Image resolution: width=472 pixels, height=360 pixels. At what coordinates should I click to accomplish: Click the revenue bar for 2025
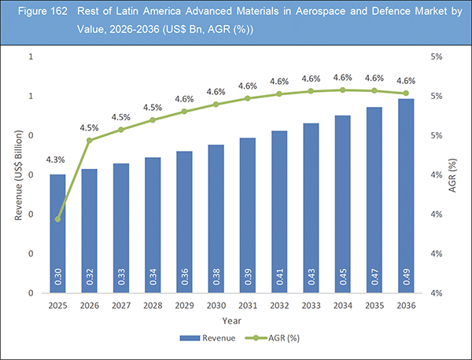57,233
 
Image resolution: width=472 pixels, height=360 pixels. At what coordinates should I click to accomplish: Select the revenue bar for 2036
406,196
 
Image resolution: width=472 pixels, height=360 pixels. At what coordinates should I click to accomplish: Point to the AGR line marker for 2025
57,219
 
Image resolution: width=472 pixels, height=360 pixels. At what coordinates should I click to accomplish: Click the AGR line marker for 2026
90,141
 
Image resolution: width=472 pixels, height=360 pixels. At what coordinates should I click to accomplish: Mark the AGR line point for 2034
342,90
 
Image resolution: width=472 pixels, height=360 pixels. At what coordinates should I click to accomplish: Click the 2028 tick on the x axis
153,304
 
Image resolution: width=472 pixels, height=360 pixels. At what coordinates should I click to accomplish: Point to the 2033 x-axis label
311,304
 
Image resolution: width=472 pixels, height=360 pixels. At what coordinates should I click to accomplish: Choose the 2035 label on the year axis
374,304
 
